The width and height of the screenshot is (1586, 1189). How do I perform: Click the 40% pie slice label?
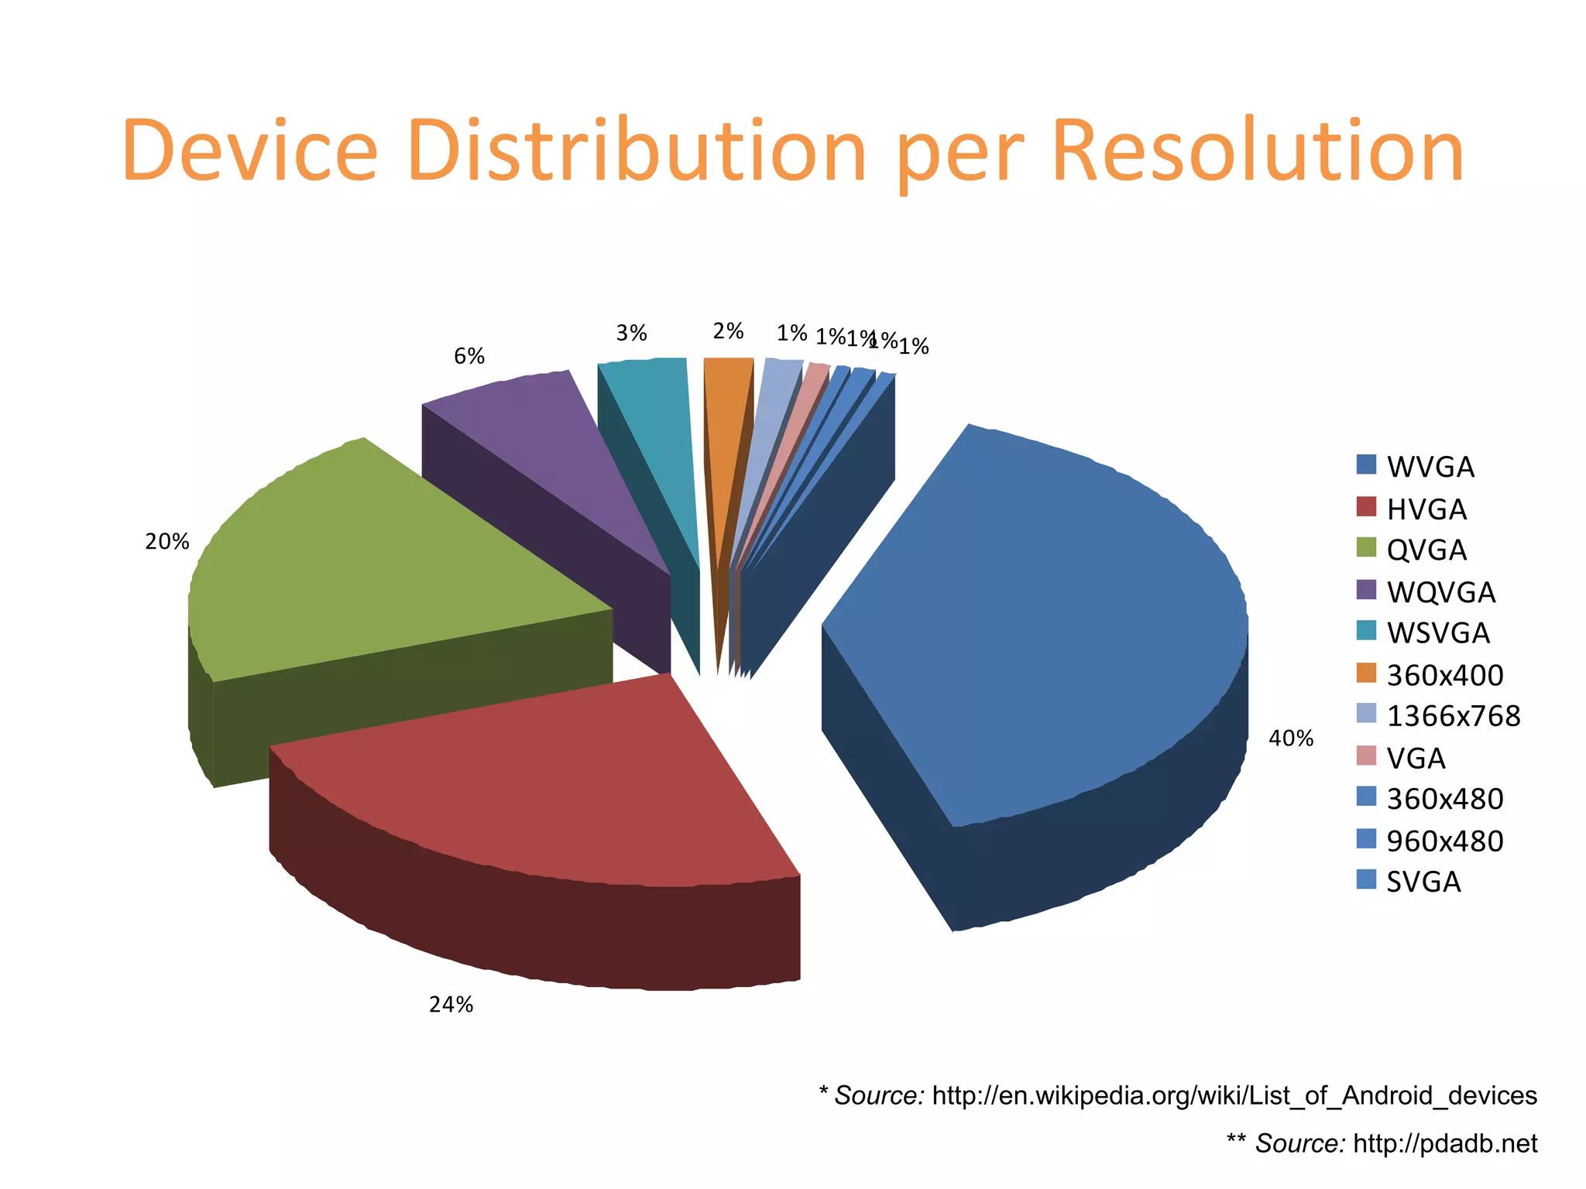[1290, 738]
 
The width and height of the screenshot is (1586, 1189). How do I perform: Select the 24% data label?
[451, 1004]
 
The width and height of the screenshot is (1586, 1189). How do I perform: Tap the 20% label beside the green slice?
[166, 542]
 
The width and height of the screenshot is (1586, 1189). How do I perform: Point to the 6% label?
[469, 356]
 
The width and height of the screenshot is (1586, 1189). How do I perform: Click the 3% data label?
[631, 333]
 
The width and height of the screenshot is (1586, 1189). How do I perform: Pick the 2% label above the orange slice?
[728, 331]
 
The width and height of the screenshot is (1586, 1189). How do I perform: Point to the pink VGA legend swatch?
[1367, 756]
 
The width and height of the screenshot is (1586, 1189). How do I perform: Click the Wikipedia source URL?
[1234, 1095]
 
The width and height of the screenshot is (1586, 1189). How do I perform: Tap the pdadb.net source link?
[1445, 1143]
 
